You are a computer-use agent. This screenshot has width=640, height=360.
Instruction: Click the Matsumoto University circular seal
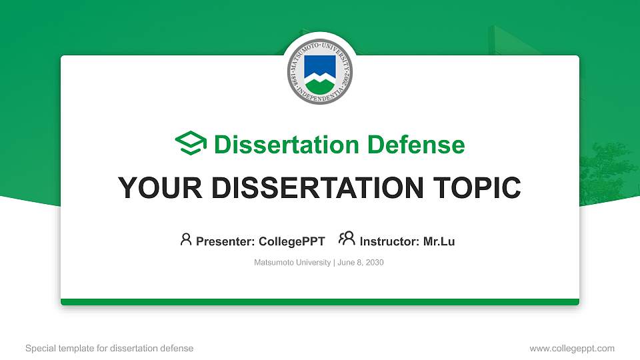click(320, 73)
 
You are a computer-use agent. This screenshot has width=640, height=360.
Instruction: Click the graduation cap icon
click(191, 143)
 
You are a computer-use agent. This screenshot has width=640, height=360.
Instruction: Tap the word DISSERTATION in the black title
click(315, 189)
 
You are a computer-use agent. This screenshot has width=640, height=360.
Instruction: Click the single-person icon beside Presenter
click(186, 239)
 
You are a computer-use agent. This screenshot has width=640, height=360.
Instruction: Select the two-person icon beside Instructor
click(347, 239)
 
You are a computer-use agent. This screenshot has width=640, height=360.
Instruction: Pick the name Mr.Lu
click(439, 241)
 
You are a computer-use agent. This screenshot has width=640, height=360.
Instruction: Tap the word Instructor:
click(389, 241)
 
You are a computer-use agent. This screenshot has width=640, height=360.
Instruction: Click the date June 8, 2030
click(361, 263)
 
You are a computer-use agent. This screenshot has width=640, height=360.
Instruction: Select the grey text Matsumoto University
click(292, 263)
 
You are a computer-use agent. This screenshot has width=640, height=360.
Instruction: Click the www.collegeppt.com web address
click(572, 348)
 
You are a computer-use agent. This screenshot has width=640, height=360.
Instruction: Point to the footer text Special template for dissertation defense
click(109, 348)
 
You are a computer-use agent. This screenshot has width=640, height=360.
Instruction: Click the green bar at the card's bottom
click(320, 302)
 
